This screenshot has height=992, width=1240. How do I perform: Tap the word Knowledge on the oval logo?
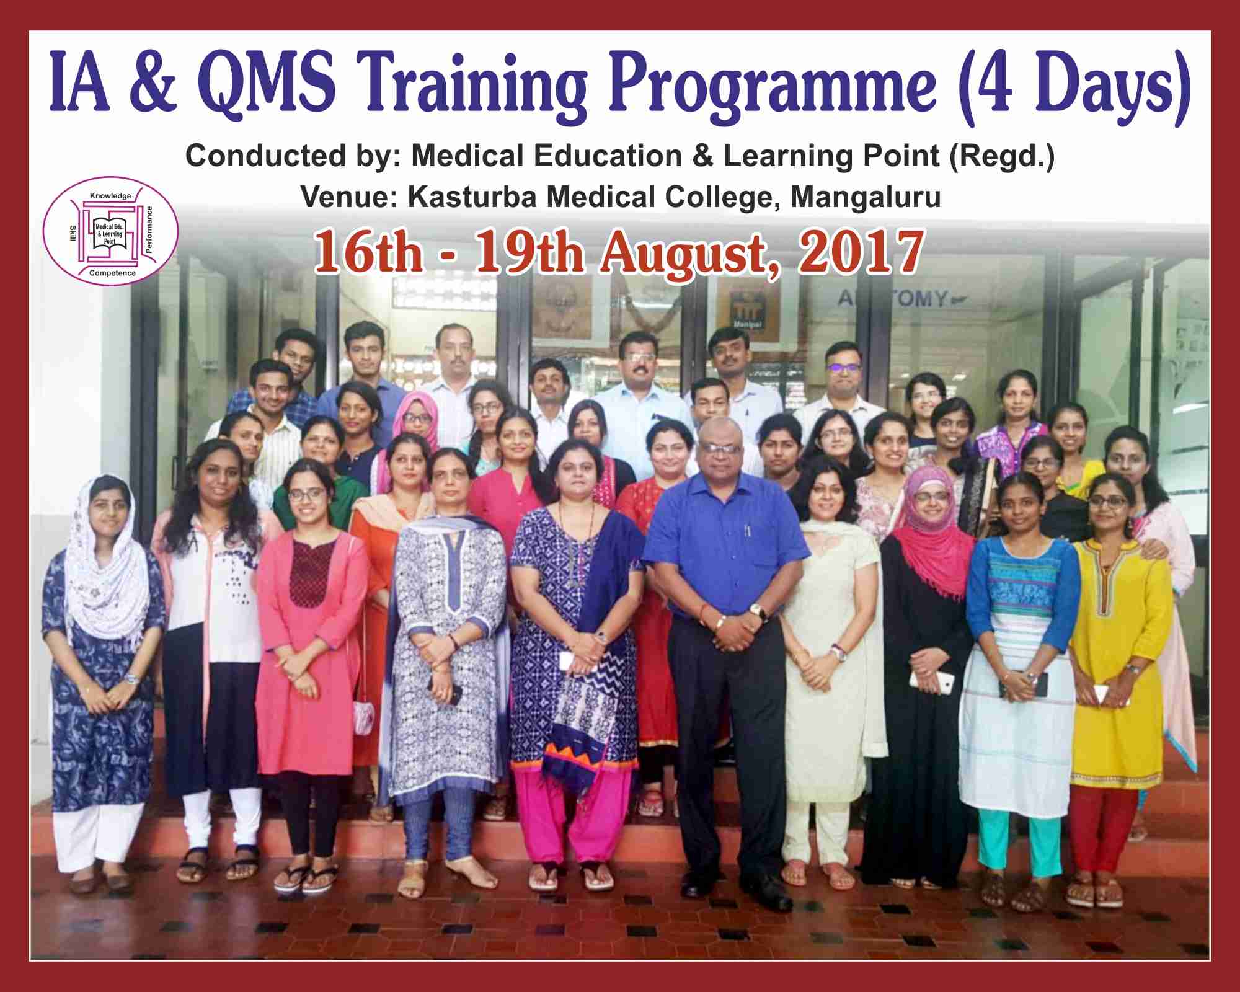[x=110, y=196]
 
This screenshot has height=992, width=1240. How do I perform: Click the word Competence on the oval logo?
[x=112, y=273]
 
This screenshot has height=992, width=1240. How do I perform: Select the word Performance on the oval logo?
[x=149, y=229]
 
